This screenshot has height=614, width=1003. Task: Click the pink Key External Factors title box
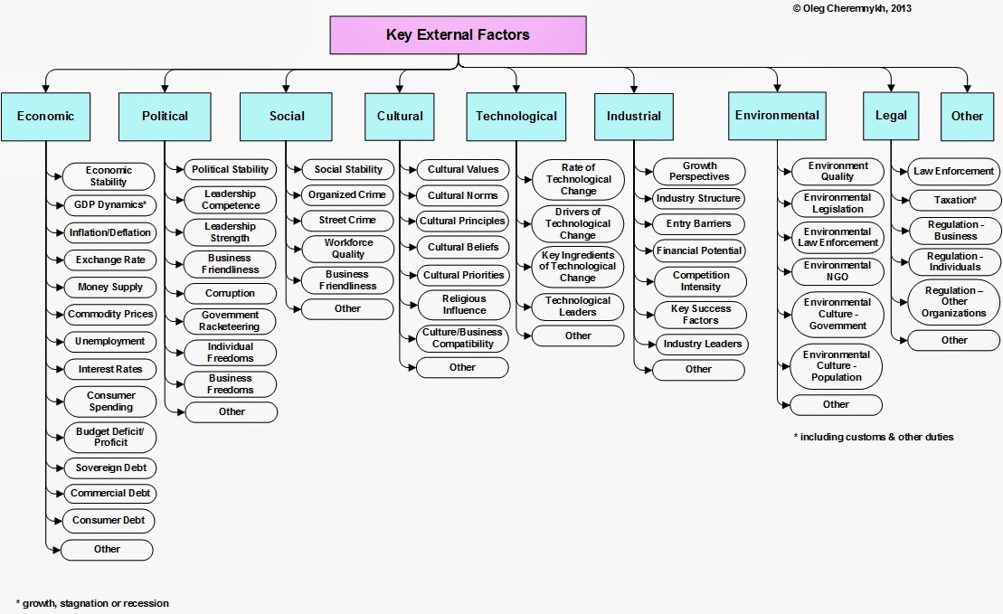click(x=458, y=36)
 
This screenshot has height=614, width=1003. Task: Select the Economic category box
click(x=45, y=116)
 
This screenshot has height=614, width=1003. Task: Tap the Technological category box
click(x=516, y=116)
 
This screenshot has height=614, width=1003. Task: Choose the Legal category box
click(x=891, y=115)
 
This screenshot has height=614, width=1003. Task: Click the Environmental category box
click(x=777, y=115)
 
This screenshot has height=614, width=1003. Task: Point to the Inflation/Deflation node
click(x=109, y=232)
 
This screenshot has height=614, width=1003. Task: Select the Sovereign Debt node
click(x=109, y=468)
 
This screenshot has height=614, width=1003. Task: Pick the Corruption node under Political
click(x=230, y=293)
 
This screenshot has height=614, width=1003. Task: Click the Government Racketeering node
click(x=230, y=321)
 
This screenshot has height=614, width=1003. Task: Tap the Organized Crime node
click(x=348, y=194)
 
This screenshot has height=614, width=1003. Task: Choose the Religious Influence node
click(x=463, y=305)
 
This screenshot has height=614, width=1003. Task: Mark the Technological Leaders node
click(x=578, y=306)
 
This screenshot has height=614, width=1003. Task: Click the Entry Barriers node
click(x=698, y=223)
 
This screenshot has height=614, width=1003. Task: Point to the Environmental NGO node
click(x=837, y=270)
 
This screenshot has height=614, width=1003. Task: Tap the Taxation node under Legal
click(x=954, y=198)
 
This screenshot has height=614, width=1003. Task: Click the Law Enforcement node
click(x=953, y=171)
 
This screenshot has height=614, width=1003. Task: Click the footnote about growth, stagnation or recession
click(x=92, y=603)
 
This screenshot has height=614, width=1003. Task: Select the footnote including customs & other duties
click(x=873, y=437)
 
